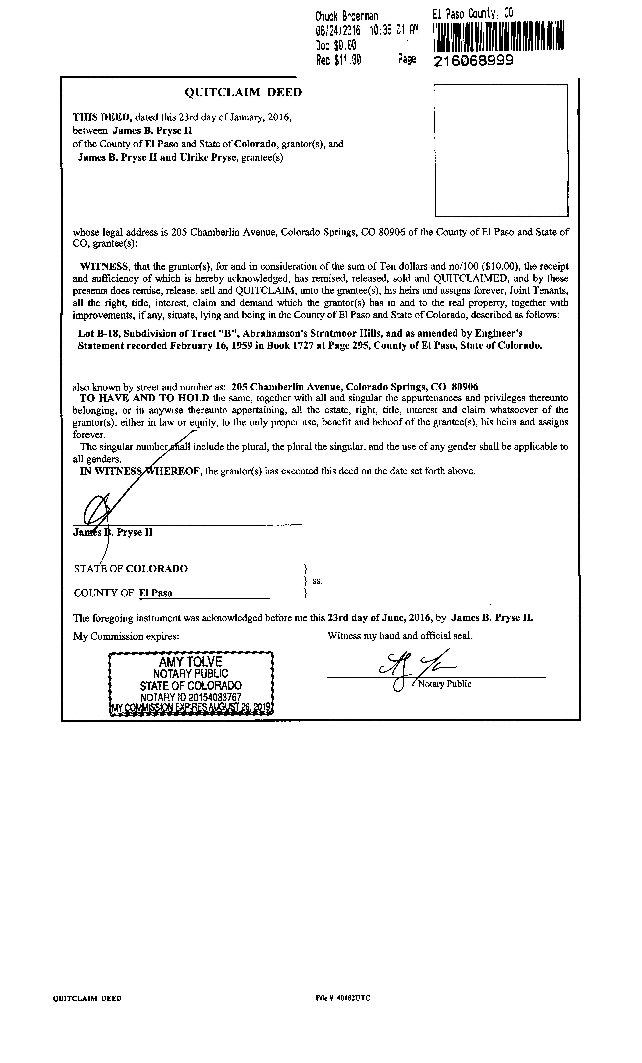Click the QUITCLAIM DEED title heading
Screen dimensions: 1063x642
tap(243, 92)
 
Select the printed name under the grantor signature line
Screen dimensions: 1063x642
tap(113, 532)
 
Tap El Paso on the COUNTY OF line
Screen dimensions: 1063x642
tap(155, 593)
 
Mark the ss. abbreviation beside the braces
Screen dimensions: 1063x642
tap(317, 581)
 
